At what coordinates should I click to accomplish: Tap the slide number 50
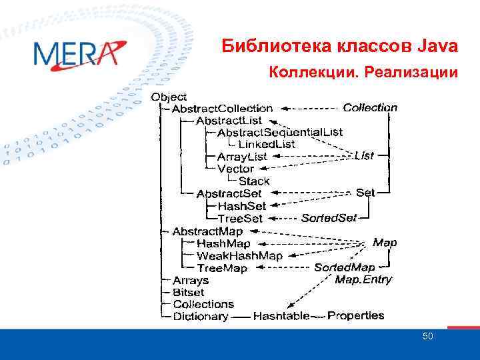428,336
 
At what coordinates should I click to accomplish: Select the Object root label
169,97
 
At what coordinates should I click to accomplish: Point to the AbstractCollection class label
222,108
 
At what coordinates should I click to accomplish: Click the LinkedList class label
267,144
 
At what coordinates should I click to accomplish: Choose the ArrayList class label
242,157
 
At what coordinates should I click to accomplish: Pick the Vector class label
235,169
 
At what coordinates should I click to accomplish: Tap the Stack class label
254,181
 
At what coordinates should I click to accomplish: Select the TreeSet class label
240,218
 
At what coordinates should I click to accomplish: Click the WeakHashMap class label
239,255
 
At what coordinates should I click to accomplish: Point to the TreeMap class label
222,268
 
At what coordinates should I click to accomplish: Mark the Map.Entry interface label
363,279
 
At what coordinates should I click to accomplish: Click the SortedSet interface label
329,218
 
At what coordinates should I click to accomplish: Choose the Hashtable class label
281,316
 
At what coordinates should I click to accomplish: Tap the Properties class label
355,315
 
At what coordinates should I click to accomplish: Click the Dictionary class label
201,317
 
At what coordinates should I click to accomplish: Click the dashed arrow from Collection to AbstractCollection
309,108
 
